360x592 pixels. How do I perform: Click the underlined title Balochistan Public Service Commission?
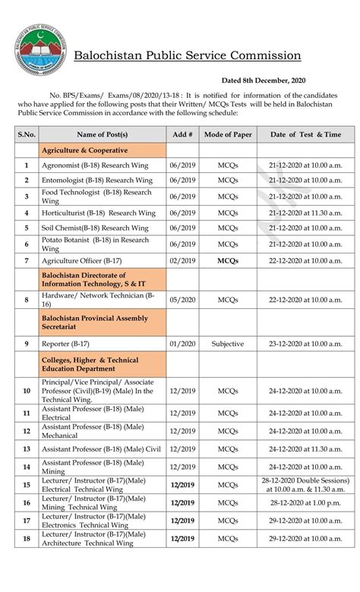[x=187, y=55]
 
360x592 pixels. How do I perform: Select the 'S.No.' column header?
[x=27, y=134]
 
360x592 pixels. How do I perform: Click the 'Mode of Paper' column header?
[x=228, y=134]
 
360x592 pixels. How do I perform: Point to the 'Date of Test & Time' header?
[x=305, y=134]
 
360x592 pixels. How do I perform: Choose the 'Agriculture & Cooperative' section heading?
[x=84, y=150]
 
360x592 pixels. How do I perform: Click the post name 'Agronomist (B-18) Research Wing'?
[x=96, y=165]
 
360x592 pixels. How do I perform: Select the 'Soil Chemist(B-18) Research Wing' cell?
[x=96, y=228]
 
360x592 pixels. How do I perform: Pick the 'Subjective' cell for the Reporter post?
[x=228, y=343]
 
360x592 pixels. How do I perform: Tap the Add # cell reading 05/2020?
[x=182, y=300]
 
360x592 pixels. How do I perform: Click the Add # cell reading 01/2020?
[x=182, y=343]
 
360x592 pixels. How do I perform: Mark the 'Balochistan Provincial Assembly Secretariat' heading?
[x=95, y=323]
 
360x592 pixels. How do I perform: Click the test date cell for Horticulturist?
[x=305, y=213]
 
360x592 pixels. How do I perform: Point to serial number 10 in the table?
[x=27, y=391]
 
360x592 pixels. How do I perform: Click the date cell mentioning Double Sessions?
[x=305, y=485]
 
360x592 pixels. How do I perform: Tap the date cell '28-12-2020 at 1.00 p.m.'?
[x=305, y=502]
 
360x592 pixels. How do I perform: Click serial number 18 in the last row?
[x=27, y=539]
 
